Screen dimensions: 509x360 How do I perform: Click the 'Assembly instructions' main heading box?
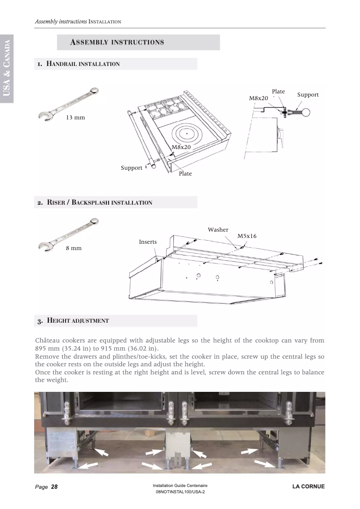(138, 42)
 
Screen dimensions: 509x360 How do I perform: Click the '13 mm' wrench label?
(75, 118)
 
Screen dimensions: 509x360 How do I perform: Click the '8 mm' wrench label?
(74, 248)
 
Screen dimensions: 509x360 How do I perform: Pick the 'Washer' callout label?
(218, 230)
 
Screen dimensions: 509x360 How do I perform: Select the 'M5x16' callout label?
(247, 236)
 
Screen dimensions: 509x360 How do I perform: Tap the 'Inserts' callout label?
(148, 242)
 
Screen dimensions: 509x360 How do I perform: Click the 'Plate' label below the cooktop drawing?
(185, 174)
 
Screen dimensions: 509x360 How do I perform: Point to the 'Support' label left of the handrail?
(131, 168)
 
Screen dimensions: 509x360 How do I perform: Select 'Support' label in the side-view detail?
(308, 95)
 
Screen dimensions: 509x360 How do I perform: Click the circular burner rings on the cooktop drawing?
(187, 134)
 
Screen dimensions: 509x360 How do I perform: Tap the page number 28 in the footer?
(54, 487)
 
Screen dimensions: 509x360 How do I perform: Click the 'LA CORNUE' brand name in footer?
(308, 487)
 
